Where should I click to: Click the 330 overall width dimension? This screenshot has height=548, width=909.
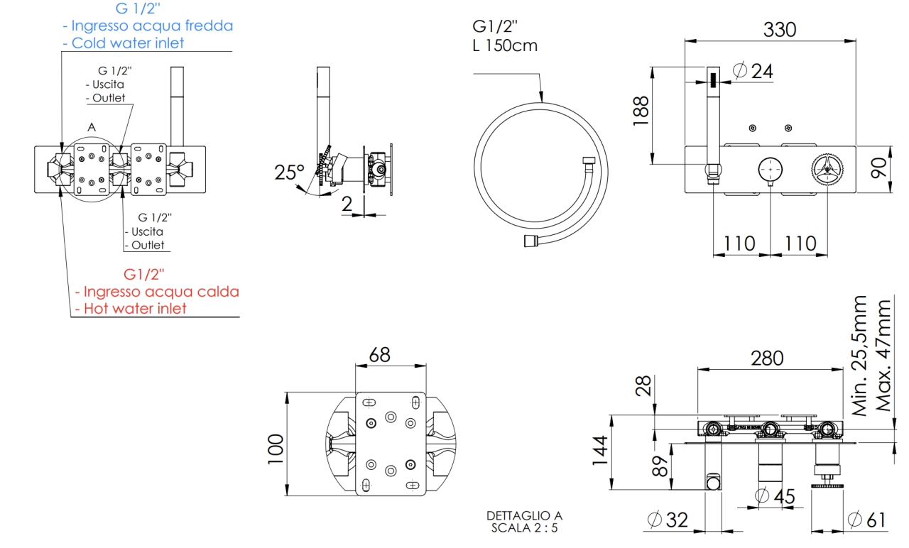point(779,30)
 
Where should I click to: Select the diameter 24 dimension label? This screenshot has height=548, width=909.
point(752,71)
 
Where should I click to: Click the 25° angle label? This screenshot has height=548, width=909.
point(289,172)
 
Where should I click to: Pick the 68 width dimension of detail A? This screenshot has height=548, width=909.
point(379,355)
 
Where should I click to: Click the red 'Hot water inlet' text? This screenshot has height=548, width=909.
point(135,308)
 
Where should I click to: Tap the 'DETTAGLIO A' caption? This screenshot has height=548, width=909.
point(524,515)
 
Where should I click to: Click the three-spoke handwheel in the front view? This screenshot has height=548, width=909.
point(828,170)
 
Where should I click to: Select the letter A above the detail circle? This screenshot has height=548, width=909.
point(91,126)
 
